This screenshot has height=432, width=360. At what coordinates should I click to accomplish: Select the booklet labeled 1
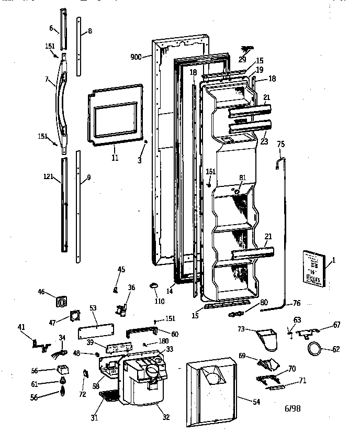click(313, 269)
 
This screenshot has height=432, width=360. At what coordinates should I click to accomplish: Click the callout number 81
click(242, 177)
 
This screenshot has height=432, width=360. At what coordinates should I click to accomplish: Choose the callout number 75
click(280, 145)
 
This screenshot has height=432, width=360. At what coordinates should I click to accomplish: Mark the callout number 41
click(21, 327)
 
